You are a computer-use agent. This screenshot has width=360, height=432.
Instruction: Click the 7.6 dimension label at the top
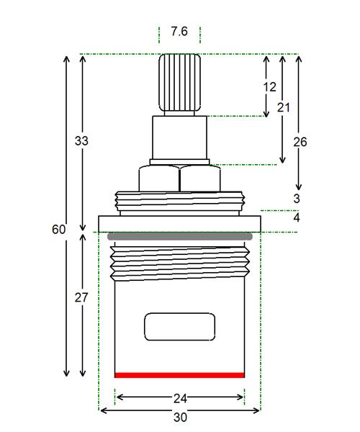tap(179, 31)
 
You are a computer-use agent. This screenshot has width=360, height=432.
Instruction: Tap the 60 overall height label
tap(58, 229)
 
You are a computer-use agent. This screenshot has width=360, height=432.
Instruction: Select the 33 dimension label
tap(81, 141)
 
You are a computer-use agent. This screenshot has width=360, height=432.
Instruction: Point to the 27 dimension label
tap(81, 297)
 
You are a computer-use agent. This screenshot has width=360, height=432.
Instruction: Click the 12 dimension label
tap(270, 87)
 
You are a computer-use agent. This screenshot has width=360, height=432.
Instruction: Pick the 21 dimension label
tap(284, 107)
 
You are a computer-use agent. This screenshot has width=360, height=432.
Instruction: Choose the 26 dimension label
tap(300, 142)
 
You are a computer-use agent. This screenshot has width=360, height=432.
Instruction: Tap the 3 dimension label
tap(297, 199)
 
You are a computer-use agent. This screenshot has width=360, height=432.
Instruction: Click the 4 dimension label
tap(297, 217)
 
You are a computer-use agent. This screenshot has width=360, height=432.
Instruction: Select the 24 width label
tap(180, 398)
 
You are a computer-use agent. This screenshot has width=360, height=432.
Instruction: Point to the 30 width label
tap(180, 417)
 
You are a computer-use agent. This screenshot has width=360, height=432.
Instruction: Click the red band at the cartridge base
tap(179, 375)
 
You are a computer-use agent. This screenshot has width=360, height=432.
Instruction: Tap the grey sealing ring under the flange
tap(180, 236)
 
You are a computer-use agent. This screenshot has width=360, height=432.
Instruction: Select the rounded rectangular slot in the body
tap(179, 327)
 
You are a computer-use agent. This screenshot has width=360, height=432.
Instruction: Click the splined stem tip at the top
tap(179, 83)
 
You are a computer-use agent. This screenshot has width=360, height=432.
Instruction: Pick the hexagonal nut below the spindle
tap(179, 179)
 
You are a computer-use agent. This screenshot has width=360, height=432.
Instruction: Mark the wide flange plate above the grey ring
tap(179, 224)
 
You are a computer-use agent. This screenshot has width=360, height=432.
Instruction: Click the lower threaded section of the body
tap(180, 264)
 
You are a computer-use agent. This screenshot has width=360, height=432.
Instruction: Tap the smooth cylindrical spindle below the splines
tap(179, 138)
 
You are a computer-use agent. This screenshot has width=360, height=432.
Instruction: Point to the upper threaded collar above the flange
tap(180, 202)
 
